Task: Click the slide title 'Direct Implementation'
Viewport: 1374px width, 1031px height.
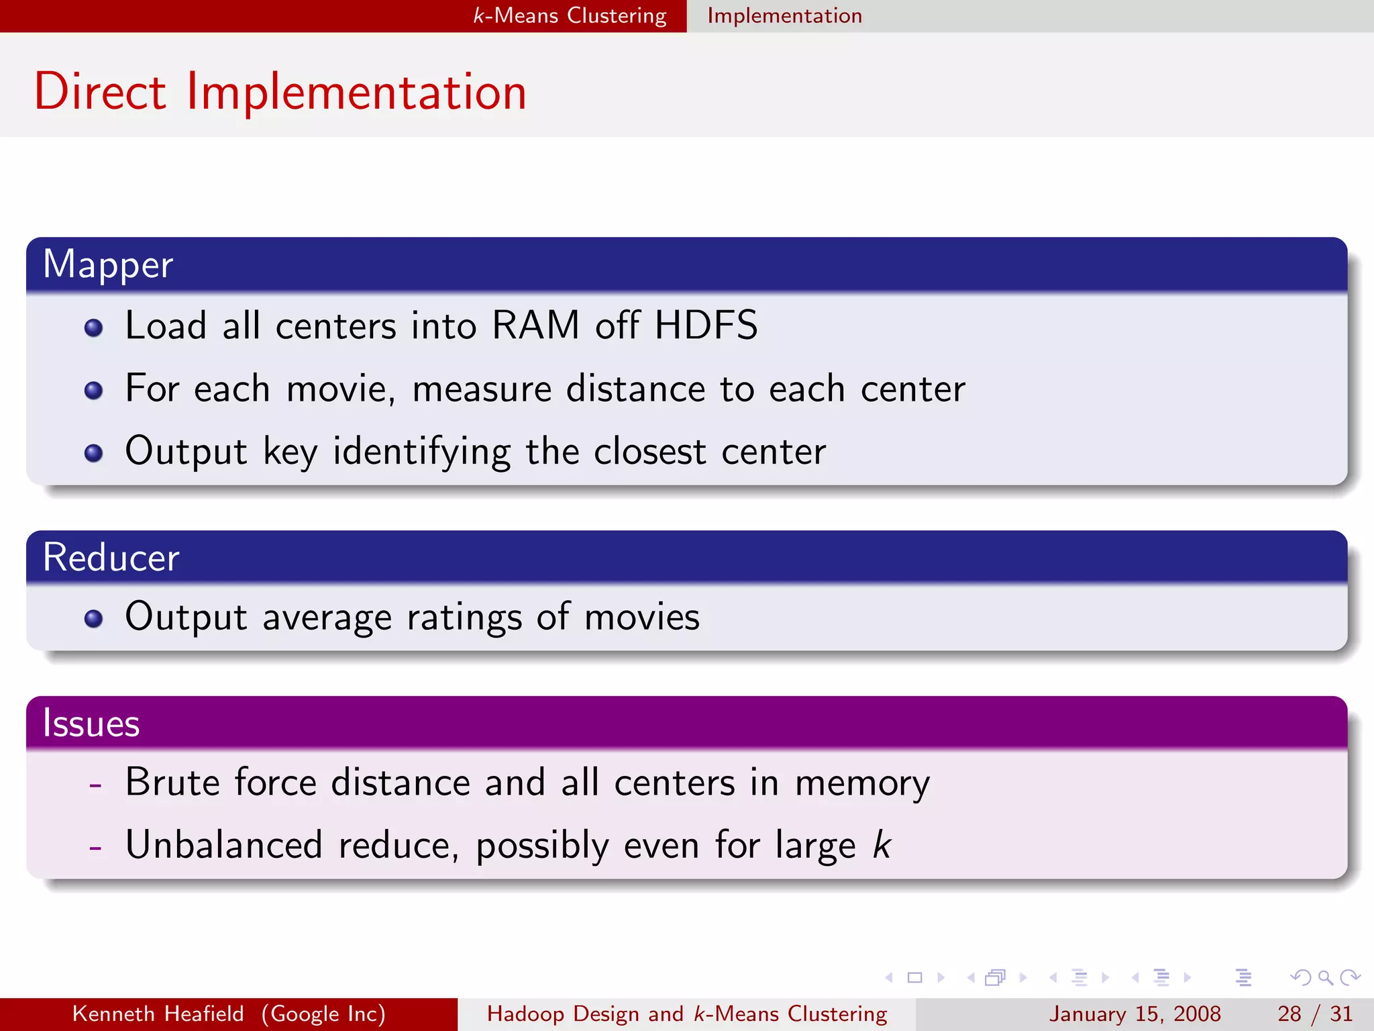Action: tap(280, 92)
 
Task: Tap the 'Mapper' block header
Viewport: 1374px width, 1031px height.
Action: tap(108, 264)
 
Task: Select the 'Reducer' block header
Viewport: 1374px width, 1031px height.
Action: tap(111, 557)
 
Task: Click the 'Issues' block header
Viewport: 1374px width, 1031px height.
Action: tap(91, 724)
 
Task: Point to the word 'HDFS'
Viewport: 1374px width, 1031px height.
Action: tap(706, 326)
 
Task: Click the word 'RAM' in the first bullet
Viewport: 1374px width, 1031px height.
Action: tap(535, 326)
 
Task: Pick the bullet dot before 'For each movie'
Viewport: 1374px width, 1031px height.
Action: tap(94, 391)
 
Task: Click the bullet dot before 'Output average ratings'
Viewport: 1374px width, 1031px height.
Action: tap(94, 618)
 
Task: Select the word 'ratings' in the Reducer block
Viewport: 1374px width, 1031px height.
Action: tap(464, 618)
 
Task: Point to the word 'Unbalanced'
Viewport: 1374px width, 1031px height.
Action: tap(224, 845)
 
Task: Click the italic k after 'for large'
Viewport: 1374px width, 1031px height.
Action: tap(882, 845)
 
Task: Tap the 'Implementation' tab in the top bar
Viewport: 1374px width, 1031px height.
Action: tap(784, 15)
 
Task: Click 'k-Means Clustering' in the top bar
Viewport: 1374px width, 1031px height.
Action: tap(570, 15)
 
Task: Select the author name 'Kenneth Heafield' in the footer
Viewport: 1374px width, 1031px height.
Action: tap(158, 1014)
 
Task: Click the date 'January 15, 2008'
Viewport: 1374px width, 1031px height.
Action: tap(1134, 1014)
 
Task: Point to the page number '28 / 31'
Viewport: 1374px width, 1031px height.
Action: tap(1314, 1014)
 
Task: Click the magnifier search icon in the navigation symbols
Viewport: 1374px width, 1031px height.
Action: tap(1325, 978)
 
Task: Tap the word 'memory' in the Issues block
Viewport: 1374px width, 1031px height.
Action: tap(862, 784)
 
